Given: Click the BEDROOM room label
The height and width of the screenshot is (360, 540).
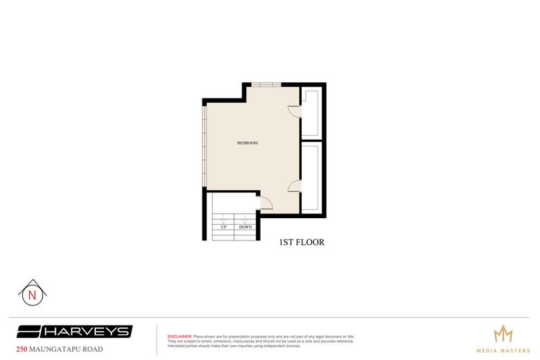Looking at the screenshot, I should coord(248,143).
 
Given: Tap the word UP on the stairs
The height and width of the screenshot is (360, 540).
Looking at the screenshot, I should coord(223,227).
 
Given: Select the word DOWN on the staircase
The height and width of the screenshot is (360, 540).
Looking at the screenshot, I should coord(245,227).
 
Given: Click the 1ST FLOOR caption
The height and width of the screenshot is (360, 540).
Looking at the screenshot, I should coord(302,242).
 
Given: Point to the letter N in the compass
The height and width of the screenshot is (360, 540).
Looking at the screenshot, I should coord(31,295).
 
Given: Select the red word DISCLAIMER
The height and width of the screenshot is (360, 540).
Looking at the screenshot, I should coord(180,336).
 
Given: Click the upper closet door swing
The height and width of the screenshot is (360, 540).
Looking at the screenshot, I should coord(294,111).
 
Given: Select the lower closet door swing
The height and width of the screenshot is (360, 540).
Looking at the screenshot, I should coord(294,186).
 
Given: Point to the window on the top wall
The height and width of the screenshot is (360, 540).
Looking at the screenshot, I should coord(265,85).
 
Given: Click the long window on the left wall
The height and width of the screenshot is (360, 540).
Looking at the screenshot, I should coord(205,146).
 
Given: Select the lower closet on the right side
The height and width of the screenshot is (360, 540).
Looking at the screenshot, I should coord(311,177).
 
